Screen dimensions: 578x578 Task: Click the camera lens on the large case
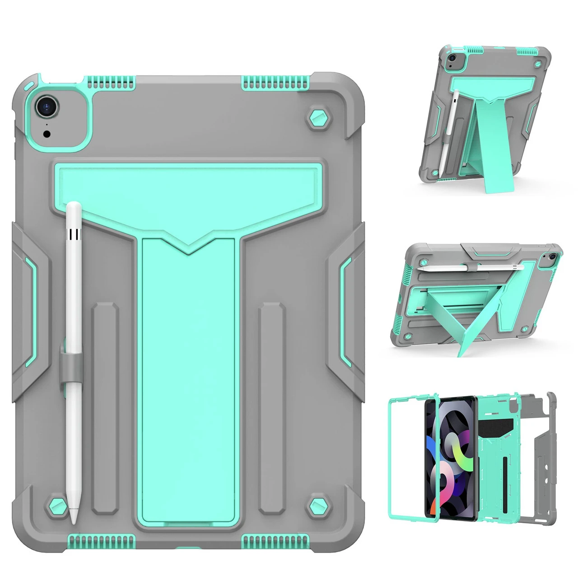47,107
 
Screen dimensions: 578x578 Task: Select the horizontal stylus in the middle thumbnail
470,268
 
